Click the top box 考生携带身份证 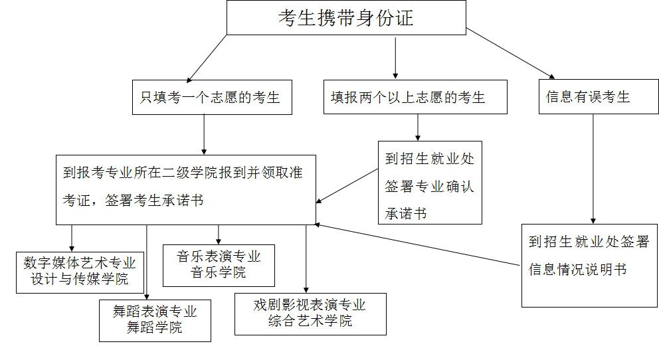[x=346, y=18]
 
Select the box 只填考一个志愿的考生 [x=212, y=98]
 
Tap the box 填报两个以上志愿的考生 [x=415, y=97]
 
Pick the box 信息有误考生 [x=599, y=96]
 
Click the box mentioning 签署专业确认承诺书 [x=430, y=183]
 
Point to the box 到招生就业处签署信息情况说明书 [x=589, y=266]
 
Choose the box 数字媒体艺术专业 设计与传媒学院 [x=80, y=272]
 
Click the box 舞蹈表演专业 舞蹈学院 [x=155, y=321]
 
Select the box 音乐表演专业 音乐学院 [x=219, y=266]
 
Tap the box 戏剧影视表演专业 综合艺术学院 [x=310, y=314]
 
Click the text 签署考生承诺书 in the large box [x=154, y=200]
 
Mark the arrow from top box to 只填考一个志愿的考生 [x=207, y=59]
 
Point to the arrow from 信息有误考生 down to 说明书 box [x=593, y=169]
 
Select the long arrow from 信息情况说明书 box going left [x=417, y=244]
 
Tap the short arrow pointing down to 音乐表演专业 [x=218, y=234]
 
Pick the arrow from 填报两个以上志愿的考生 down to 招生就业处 [x=418, y=128]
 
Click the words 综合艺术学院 [x=310, y=321]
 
